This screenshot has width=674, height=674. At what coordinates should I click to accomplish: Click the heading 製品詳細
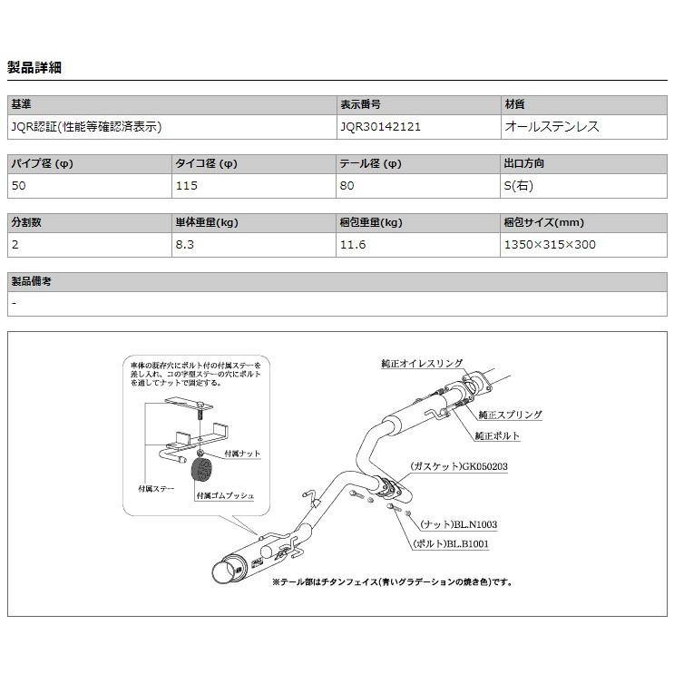click(x=34, y=67)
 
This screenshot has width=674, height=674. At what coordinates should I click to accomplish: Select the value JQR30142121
click(x=380, y=127)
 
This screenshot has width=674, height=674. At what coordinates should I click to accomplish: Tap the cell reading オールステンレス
click(x=552, y=127)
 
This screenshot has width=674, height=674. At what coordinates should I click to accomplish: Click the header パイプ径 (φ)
click(x=41, y=164)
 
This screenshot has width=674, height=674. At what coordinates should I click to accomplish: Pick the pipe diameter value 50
click(x=18, y=186)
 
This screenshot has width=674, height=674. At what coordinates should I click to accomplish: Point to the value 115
click(x=186, y=186)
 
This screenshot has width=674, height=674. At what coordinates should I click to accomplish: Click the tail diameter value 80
click(x=347, y=186)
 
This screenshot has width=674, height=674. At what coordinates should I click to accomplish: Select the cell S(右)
click(x=520, y=186)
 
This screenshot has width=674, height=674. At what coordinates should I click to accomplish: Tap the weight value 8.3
click(x=183, y=244)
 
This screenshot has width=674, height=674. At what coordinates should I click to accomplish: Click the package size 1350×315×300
click(x=550, y=244)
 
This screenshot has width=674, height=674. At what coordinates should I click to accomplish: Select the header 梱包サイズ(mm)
click(x=543, y=222)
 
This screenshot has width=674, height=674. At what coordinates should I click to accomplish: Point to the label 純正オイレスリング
click(x=422, y=363)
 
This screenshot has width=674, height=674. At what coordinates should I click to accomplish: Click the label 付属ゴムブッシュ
click(x=225, y=496)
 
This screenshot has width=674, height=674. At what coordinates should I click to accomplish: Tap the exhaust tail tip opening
click(x=221, y=573)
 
